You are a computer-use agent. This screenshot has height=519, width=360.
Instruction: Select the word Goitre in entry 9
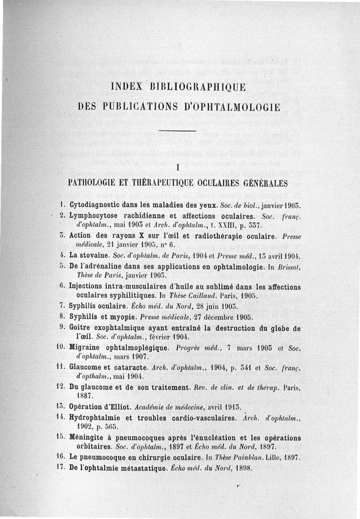pos(81,328)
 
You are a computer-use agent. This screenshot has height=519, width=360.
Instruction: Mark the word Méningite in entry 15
pos(89,438)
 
